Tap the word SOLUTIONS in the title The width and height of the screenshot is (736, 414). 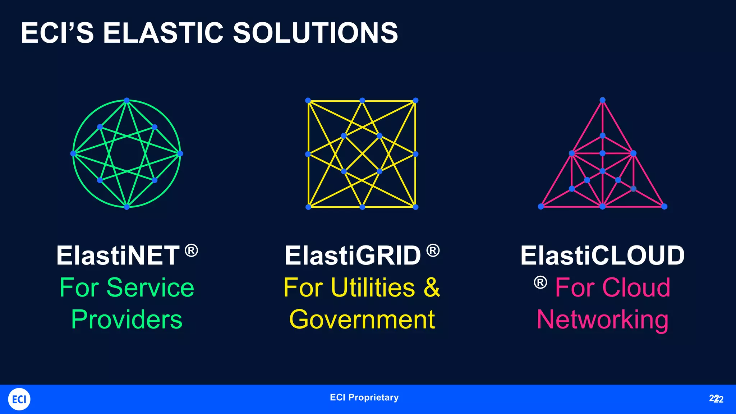click(315, 33)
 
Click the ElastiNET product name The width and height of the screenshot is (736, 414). click(118, 256)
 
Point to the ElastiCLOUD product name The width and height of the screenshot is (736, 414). click(602, 256)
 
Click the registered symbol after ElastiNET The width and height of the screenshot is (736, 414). click(191, 250)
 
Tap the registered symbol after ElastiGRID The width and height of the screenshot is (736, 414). click(433, 250)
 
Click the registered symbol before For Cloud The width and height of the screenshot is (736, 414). click(540, 282)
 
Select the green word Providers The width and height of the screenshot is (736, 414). click(126, 319)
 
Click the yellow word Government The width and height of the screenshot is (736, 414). click(362, 319)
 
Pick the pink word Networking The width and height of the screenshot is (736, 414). click(602, 319)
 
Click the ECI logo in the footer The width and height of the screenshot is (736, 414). click(19, 399)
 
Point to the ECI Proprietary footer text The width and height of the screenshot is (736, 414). click(364, 397)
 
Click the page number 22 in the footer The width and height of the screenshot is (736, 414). click(716, 399)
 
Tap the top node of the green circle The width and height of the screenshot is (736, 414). click(126, 100)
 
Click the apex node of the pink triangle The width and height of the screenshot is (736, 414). click(603, 100)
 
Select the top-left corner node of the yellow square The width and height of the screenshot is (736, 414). click(308, 100)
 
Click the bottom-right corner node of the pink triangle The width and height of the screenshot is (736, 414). click(664, 206)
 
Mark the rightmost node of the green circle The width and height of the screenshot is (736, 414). click(180, 153)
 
